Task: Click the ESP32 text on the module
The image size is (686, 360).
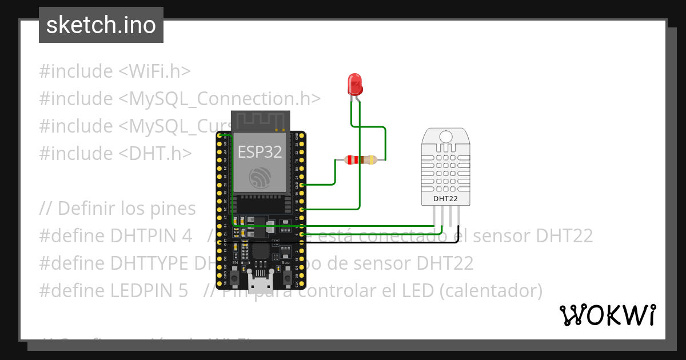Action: tap(260, 152)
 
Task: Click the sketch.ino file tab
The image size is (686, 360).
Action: tap(101, 25)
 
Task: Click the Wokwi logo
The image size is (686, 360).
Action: tap(607, 315)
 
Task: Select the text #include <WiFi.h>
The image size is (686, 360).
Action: tap(114, 71)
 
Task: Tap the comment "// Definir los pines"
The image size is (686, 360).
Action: tap(117, 209)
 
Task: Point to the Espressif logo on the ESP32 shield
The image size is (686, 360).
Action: tap(260, 178)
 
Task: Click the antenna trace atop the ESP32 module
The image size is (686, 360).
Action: tap(260, 121)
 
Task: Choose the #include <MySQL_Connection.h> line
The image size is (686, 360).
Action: tap(180, 99)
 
